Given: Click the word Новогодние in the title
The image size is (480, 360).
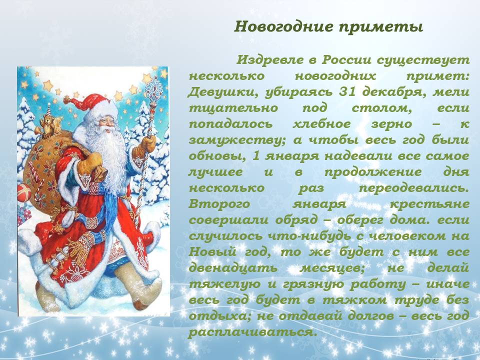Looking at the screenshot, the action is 283,26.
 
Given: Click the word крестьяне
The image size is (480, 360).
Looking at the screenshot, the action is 429,204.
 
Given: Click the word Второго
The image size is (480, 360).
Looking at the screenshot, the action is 219,204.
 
